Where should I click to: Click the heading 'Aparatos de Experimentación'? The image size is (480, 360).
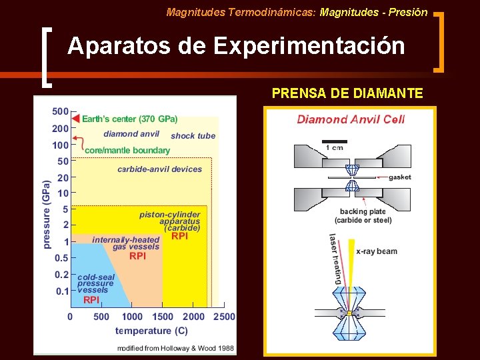coord(235,46)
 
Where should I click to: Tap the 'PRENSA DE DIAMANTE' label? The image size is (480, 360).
coord(347,93)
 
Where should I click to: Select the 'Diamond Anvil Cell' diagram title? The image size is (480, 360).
coord(351,120)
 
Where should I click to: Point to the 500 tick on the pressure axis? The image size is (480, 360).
coord(60,111)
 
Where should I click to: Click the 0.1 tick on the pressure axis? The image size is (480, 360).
coord(61,291)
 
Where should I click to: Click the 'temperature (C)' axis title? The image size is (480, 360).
coord(151,331)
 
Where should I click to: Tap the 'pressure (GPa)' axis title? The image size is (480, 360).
coord(47,214)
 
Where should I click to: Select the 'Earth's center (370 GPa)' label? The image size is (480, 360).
coord(129,119)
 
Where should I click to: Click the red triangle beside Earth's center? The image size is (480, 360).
coord(75,119)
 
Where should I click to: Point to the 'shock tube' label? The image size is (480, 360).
coord(193,136)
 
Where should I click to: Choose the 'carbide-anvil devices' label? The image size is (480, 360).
coord(159,169)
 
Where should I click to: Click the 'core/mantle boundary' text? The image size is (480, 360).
coord(127,150)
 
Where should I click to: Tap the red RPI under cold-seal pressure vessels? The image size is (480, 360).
coord(91,301)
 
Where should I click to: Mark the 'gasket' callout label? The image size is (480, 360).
coord(399,177)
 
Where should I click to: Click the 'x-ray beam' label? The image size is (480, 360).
coord(376,251)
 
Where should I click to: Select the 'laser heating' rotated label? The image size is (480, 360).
coord(335,259)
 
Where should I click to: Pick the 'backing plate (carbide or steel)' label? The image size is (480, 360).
coord(363,216)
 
